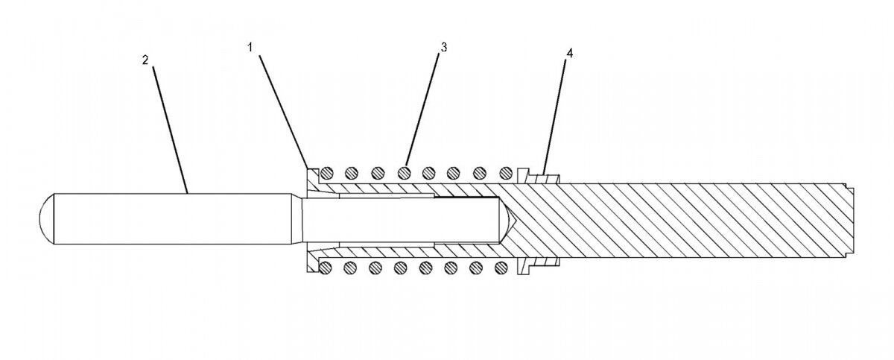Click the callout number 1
coord(251,46)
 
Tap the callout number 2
coord(145,60)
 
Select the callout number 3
coord(443,47)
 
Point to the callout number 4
coord(569,54)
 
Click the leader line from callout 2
coord(169,127)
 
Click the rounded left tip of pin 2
coord(45,218)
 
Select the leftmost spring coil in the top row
coord(327,173)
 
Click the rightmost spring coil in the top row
coord(507,173)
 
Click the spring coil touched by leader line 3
coord(405,173)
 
